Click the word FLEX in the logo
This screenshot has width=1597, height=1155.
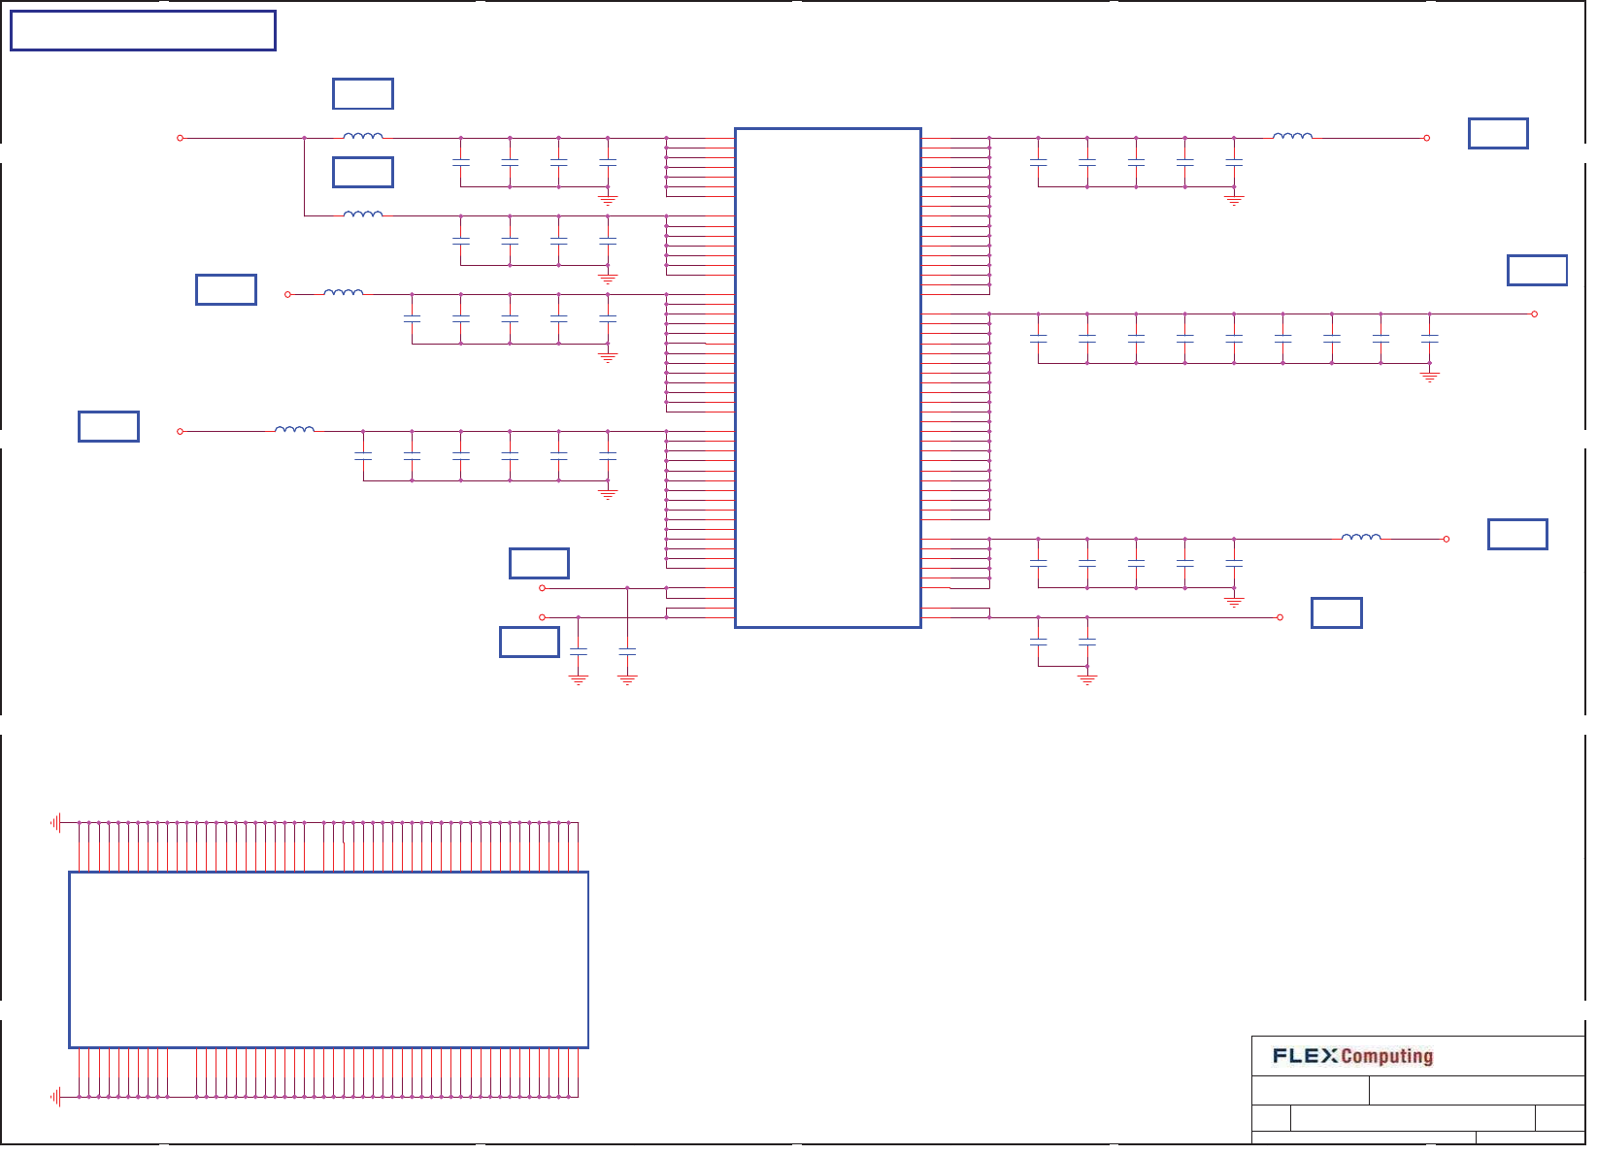[1305, 1056]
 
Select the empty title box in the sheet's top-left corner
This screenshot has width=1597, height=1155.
[143, 31]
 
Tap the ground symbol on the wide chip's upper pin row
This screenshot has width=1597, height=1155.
[56, 823]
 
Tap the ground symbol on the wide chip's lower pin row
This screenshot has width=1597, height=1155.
[56, 1097]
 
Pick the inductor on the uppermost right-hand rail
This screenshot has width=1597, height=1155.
[1292, 137]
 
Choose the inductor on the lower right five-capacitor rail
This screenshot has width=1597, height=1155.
[1360, 537]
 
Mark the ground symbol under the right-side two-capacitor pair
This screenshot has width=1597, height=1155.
[1087, 679]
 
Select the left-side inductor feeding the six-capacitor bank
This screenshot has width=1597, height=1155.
[294, 429]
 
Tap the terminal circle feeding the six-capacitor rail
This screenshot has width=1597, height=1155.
[180, 431]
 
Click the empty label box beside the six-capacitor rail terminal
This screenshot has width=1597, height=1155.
[109, 426]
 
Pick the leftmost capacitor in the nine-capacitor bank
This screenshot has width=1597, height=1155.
[1038, 339]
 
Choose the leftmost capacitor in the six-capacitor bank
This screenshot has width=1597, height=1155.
[363, 455]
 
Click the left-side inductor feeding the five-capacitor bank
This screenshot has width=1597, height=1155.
[343, 292]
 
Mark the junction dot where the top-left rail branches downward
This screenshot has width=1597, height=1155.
[305, 138]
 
